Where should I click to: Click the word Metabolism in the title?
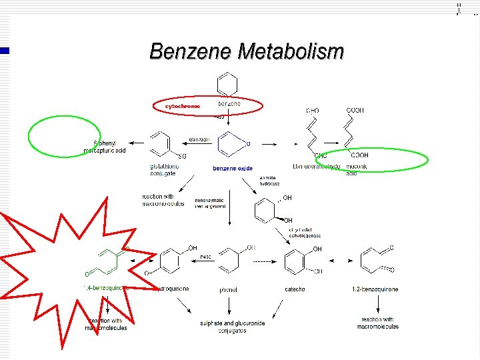pos(291,51)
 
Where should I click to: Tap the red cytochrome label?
pos(182,106)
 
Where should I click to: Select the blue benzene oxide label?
pos(233,169)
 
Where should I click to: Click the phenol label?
pos(228,290)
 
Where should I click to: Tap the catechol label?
pos(294,289)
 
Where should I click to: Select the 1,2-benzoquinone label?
pos(375,289)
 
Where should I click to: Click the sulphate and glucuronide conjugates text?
pos(232,327)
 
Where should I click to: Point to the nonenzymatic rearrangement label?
pos(210,203)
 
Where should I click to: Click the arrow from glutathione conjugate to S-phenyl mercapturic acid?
pos(139,143)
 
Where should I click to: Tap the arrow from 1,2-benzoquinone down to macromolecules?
pos(378,306)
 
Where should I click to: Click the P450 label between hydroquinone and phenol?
pos(207,257)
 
